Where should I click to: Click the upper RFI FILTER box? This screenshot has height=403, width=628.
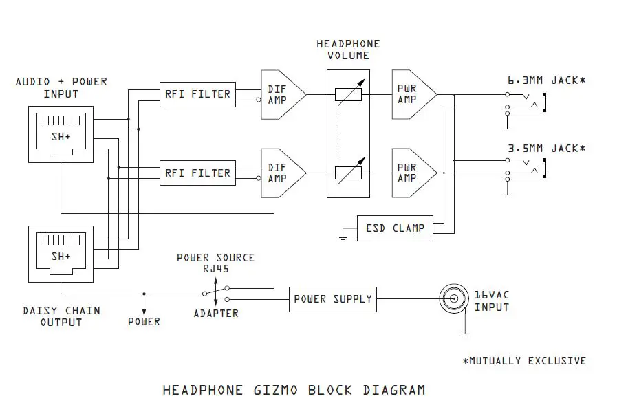coord(196,93)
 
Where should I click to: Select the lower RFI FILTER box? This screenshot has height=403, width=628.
coord(196,172)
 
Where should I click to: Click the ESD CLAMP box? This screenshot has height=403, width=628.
coord(395,228)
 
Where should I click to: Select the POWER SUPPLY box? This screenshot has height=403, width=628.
coord(332,299)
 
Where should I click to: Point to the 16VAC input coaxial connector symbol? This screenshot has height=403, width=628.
coord(453,299)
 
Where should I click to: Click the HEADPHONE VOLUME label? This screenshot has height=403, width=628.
coord(347,50)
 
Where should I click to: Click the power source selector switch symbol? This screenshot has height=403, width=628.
coord(217,294)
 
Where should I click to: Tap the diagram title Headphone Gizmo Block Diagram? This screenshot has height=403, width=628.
coord(294,390)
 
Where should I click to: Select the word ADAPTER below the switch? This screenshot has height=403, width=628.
coord(216,314)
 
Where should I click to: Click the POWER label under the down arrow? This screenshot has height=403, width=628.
coord(144,321)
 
